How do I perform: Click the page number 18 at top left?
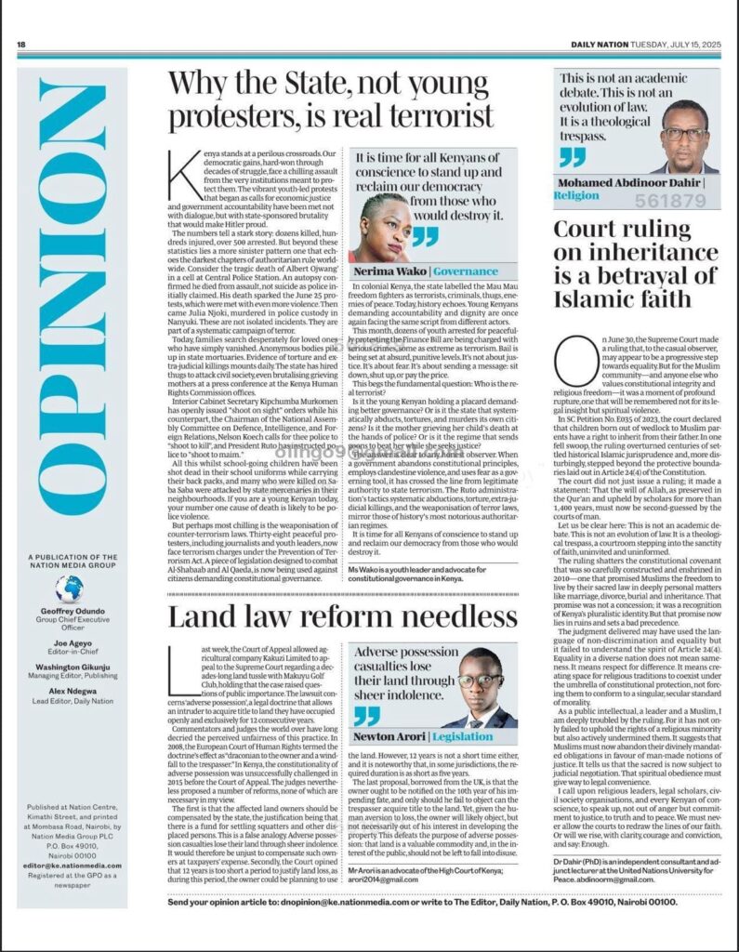pos(21,45)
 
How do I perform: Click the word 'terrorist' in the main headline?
pos(435,116)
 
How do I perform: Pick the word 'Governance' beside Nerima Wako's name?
pos(466,271)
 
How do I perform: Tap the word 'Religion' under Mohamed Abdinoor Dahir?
pos(576,196)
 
